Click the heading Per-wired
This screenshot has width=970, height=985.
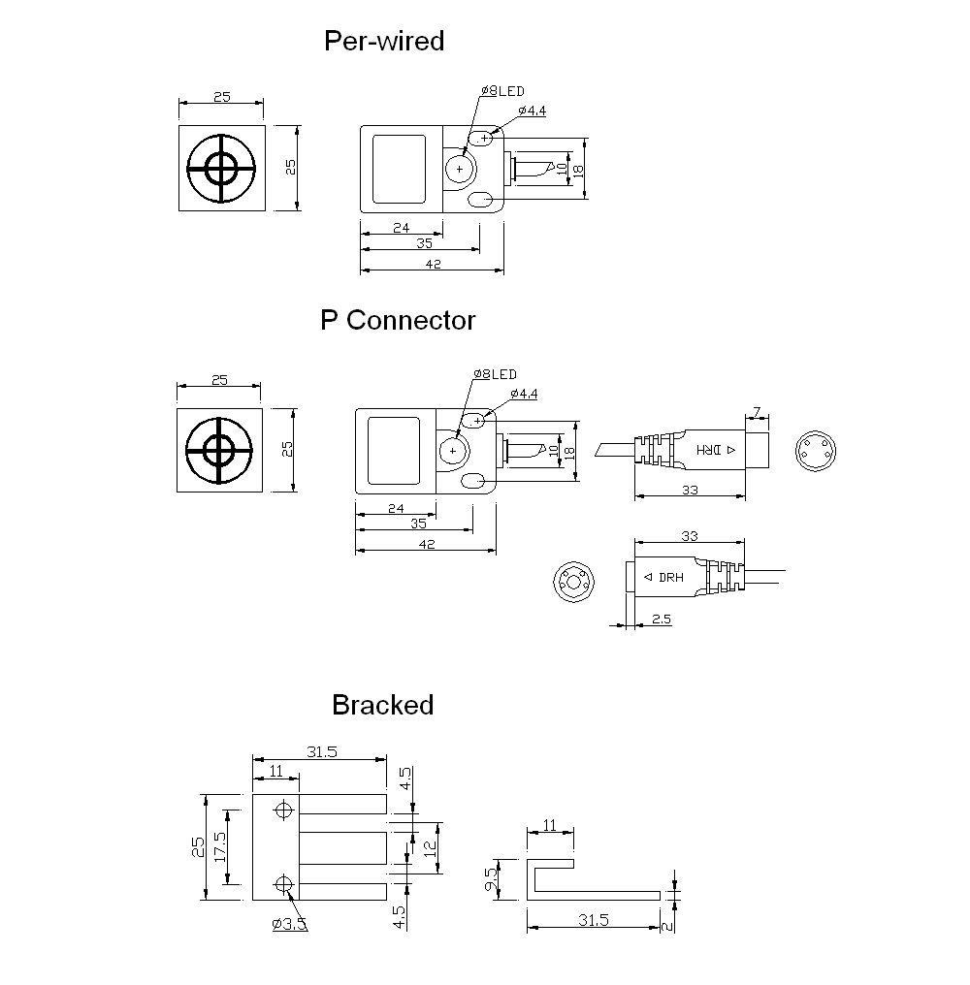384,42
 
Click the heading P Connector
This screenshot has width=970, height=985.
398,321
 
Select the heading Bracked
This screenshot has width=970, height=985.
382,705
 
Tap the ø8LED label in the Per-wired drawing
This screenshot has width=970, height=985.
501,91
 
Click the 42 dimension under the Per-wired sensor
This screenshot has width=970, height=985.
433,265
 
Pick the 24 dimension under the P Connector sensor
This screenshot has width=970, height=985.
396,507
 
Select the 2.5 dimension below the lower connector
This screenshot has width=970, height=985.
662,619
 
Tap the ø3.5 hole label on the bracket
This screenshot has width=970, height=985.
289,924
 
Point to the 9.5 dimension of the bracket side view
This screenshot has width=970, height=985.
492,879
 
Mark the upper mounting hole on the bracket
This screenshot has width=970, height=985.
284,810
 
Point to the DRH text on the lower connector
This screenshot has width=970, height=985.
670,578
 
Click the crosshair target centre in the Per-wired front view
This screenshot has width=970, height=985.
222,170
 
